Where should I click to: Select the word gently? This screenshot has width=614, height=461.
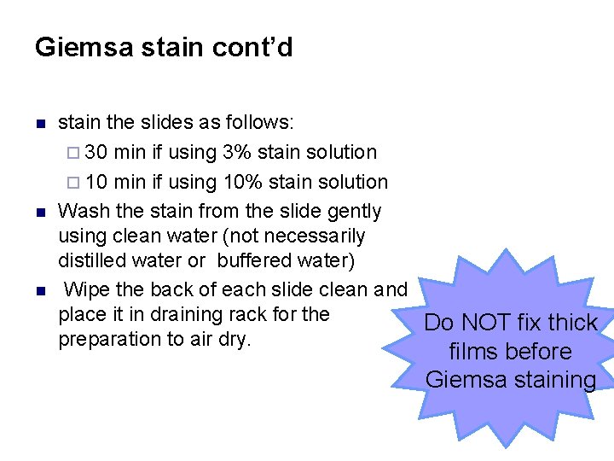coord(350,210)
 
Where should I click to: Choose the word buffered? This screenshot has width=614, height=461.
coord(252,260)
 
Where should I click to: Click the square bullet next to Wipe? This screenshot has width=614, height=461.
coord(39,291)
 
